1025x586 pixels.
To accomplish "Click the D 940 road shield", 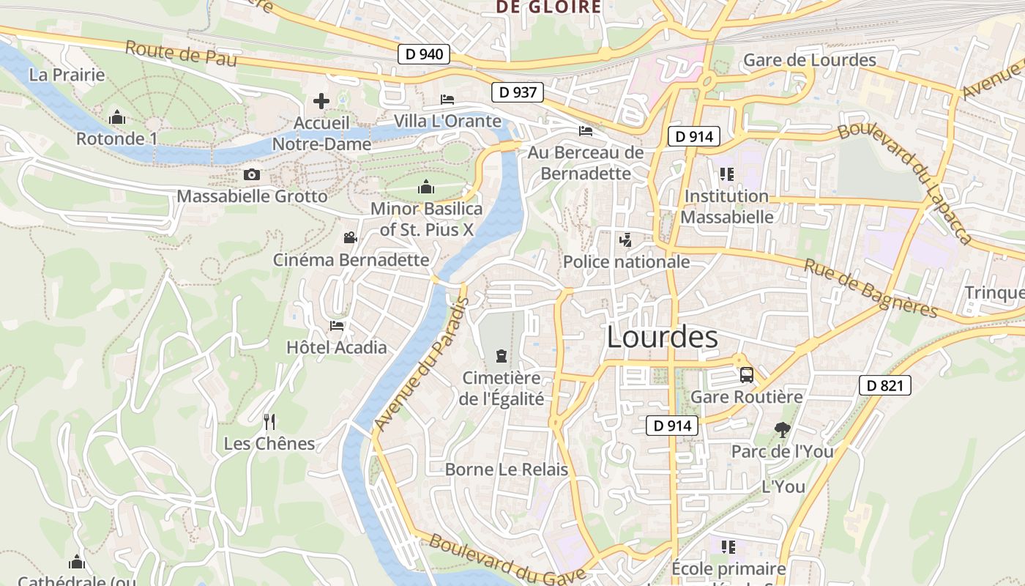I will click(424, 54).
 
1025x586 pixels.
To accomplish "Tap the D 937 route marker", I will click(518, 92).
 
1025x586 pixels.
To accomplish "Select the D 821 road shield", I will click(884, 385).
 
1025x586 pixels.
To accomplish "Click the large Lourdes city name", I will click(662, 337).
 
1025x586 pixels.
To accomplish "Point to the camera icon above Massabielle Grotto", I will click(252, 175).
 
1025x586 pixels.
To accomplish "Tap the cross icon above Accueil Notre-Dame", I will click(321, 101).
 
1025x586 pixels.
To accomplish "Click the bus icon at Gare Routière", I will click(747, 376).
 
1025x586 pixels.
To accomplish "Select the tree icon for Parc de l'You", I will click(782, 430).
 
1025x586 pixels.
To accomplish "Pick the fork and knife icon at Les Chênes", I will click(269, 421).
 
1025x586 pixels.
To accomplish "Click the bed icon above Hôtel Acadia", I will click(337, 325).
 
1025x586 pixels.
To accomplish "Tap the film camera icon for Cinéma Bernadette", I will click(351, 238).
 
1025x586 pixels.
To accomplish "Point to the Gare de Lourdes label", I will click(810, 60).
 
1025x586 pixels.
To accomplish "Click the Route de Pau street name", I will click(181, 54).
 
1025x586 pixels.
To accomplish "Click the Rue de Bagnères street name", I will click(871, 289).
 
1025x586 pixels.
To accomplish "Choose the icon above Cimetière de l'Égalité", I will click(501, 357).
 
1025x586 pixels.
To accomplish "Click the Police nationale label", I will click(626, 262).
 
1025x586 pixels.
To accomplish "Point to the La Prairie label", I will click(67, 75).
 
